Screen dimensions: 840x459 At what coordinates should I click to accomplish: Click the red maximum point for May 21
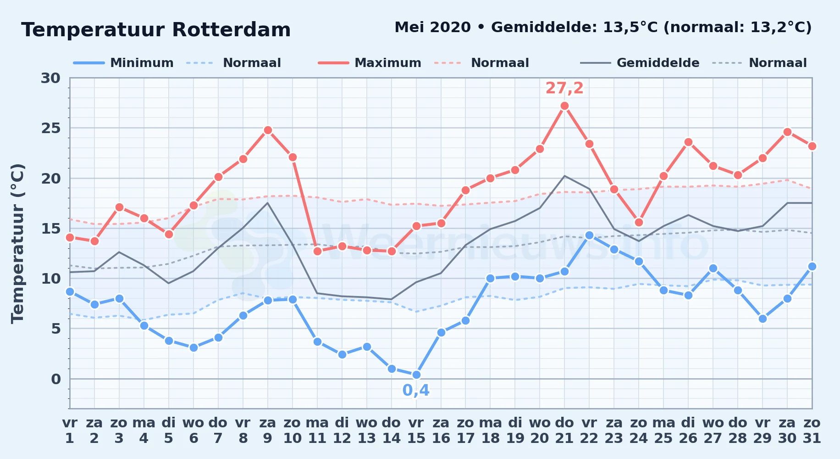point(564,106)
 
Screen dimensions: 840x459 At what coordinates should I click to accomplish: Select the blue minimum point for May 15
point(416,375)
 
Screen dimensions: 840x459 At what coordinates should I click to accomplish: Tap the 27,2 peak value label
point(564,88)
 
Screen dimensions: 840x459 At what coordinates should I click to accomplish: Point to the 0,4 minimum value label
point(416,390)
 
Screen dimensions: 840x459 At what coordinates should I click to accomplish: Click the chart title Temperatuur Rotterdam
point(156,30)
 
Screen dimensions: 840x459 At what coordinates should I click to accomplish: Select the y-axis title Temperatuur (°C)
point(17,244)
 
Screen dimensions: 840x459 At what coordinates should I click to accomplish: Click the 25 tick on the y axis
point(50,128)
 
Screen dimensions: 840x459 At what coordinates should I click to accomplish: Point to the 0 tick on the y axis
point(55,379)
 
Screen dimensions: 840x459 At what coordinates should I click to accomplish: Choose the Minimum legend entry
point(124,63)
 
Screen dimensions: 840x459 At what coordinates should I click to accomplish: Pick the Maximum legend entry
point(370,63)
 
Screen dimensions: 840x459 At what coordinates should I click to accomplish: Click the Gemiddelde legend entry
point(640,63)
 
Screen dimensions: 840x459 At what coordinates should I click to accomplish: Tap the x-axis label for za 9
point(268,430)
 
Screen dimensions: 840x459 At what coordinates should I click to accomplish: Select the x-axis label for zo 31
point(812,430)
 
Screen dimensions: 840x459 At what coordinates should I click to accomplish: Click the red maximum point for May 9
point(268,130)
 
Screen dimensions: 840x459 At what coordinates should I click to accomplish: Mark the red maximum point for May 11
point(317,251)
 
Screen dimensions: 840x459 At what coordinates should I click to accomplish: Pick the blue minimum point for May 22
point(589,235)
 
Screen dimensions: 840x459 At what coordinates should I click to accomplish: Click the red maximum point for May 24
point(639,223)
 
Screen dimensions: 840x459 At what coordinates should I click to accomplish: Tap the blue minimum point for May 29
point(763,319)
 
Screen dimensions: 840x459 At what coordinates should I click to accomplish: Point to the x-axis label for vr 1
point(70,430)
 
